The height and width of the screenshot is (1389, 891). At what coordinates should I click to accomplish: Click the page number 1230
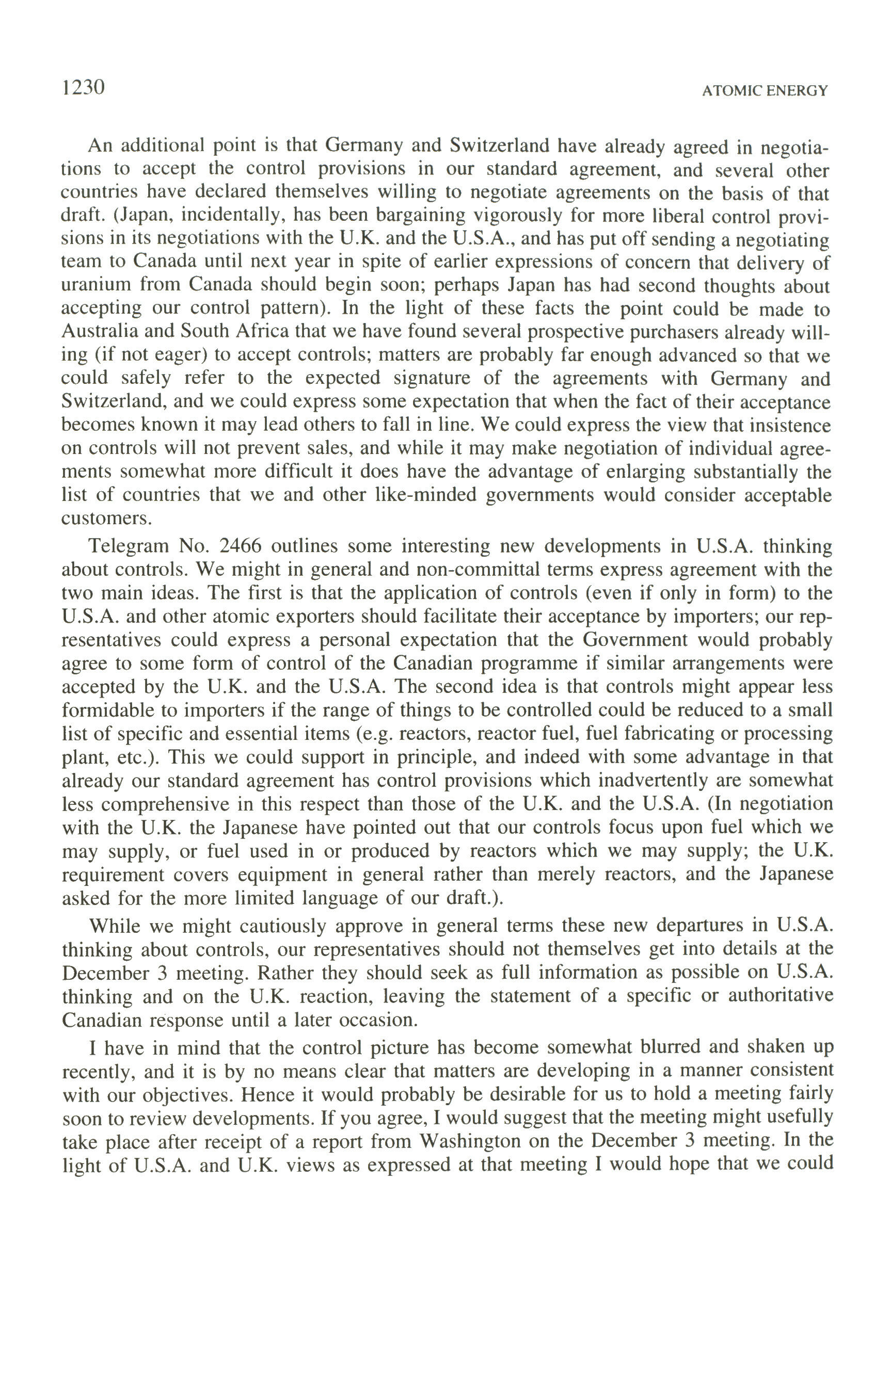point(83,88)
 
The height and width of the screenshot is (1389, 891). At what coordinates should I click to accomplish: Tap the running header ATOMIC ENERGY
point(765,91)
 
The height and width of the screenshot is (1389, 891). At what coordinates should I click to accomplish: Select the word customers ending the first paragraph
point(106,518)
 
